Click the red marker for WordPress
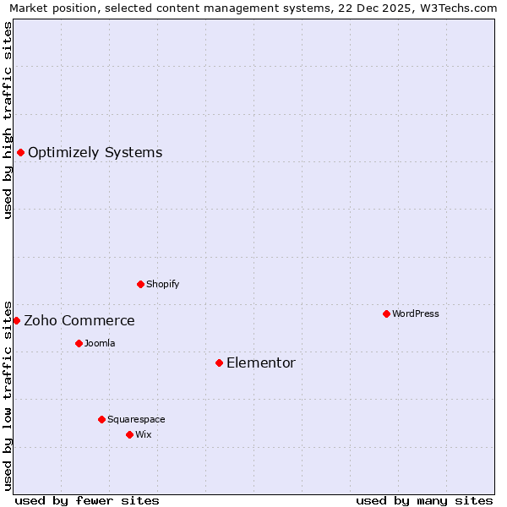pos(386,313)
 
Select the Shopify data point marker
pos(140,284)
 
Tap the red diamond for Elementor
pos(219,363)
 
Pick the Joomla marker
pos(79,343)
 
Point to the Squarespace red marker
pos(101,419)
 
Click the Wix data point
pos(129,434)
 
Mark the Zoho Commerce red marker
pos(16,320)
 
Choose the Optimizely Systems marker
pos(20,152)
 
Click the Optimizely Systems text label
pos(95,153)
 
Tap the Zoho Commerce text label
pos(79,321)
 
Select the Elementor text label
pos(261,363)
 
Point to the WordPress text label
pos(416,313)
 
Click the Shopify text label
pos(163,284)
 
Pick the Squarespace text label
pos(136,419)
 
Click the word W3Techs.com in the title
pos(458,8)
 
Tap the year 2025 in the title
pos(395,8)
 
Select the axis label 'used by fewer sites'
pos(87,500)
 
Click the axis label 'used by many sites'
pos(424,500)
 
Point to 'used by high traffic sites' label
pos(8,120)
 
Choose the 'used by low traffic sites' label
pos(8,395)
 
